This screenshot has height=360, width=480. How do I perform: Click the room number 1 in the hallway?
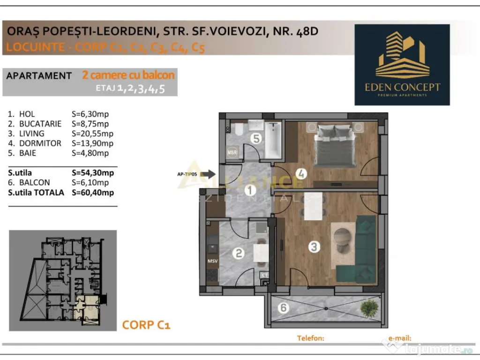click(250, 190)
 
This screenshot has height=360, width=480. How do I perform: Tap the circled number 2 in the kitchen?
click(239, 254)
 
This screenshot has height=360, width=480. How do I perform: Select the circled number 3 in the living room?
click(314, 247)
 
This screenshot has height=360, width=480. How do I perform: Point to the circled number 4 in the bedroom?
click(301, 174)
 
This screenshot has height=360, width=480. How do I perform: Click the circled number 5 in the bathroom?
click(255, 138)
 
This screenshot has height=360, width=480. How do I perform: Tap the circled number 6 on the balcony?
click(284, 308)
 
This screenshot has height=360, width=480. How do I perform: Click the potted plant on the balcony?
click(369, 307)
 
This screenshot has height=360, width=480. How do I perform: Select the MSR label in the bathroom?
click(232, 152)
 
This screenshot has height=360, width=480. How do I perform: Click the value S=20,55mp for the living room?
click(90, 134)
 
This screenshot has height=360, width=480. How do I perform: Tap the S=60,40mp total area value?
click(93, 192)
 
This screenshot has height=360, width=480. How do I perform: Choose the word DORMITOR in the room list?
click(40, 143)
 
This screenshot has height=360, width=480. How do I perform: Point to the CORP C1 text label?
click(146, 324)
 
